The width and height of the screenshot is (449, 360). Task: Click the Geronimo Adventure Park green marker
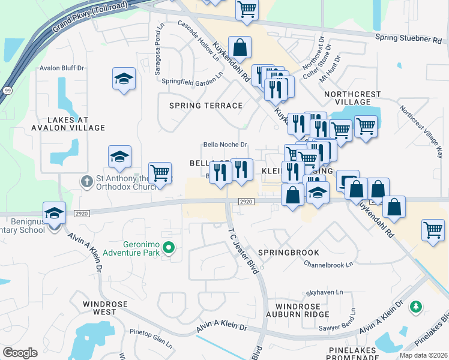point(169,247)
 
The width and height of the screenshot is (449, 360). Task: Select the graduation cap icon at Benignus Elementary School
point(54,213)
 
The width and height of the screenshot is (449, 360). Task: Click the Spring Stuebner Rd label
point(408,38)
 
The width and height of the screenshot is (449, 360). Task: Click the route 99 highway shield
point(8,90)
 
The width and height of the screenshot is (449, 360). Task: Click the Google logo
point(20,353)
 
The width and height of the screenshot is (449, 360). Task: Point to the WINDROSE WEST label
point(105,308)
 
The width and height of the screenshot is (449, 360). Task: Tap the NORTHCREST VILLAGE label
point(352,98)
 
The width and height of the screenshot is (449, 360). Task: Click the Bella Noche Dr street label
point(225,145)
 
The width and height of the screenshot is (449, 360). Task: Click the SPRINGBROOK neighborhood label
point(289,253)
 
